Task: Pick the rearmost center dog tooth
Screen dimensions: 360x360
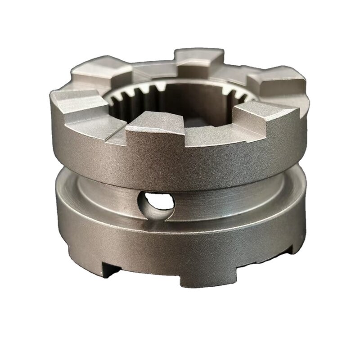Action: click(198, 58)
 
